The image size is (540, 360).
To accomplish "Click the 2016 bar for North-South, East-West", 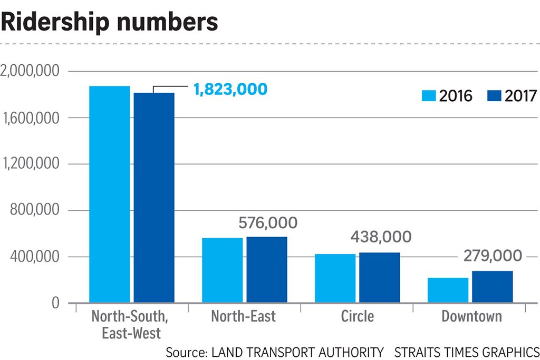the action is (110, 194).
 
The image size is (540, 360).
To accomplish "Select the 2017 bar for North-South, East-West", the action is (154, 198).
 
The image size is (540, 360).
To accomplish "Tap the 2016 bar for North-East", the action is (222, 270).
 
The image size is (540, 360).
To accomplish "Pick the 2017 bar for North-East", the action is (267, 270).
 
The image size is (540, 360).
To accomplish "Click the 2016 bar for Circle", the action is (335, 278).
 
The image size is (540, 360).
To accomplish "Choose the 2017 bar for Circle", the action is (380, 278).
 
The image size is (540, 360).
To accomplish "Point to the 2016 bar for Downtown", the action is (448, 290).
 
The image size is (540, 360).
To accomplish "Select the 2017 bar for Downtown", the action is (493, 287).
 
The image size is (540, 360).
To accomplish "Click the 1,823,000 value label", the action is (230, 90).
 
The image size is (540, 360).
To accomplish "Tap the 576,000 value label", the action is (268, 223).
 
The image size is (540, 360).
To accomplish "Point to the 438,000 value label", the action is (381, 237).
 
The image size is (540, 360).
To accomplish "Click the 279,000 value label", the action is (493, 256).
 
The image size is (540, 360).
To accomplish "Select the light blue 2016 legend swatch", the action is (429, 96).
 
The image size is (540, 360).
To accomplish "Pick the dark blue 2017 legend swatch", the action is (494, 96).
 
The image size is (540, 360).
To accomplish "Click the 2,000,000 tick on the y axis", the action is (30, 71).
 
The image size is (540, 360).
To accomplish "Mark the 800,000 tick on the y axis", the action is (34, 210).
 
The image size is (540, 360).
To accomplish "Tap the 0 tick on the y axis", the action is (55, 303).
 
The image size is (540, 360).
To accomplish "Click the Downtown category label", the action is (471, 316).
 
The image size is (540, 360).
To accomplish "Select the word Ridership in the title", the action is (55, 21).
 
